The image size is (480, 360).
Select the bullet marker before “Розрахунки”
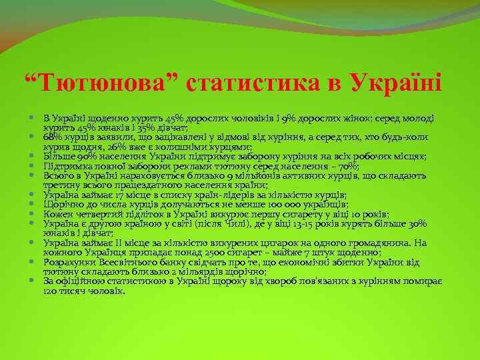(33, 262)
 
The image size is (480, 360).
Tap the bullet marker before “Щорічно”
(33, 204)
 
